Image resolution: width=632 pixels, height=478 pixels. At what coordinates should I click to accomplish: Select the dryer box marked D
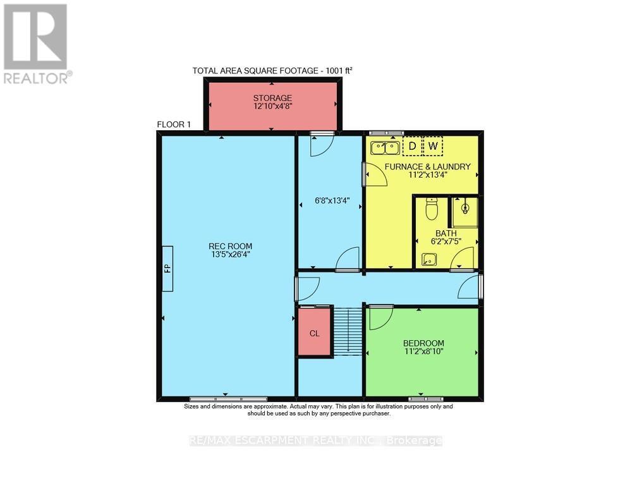point(412,147)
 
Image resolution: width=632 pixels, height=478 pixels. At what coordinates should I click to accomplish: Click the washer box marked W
point(433,147)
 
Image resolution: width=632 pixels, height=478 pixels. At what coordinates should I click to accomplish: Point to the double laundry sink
point(385,148)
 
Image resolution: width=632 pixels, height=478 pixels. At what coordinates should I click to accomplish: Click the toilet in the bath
point(432,208)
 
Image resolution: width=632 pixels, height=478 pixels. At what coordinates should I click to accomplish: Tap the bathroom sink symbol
point(430,259)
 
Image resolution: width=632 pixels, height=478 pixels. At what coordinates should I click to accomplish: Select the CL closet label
point(314,333)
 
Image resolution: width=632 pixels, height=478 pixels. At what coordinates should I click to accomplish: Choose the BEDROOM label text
point(423,343)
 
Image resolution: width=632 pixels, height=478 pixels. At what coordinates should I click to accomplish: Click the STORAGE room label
point(272,98)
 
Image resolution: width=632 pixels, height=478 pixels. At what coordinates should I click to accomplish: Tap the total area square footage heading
point(272,71)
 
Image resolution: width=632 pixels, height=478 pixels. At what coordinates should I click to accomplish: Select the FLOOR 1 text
point(174,125)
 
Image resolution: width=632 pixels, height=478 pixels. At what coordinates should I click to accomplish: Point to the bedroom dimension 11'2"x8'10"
point(423,352)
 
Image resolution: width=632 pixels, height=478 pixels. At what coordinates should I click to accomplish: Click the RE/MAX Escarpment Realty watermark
point(316,441)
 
